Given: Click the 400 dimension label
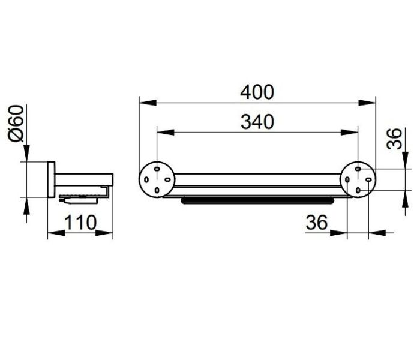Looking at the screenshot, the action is [257, 92].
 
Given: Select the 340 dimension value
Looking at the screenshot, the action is [257, 122].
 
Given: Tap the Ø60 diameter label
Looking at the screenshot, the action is [16, 124].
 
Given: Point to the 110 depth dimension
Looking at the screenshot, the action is [80, 222].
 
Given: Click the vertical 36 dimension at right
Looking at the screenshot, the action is [394, 139].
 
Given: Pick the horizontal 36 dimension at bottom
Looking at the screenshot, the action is [317, 222].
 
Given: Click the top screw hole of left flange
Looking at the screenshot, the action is [157, 169].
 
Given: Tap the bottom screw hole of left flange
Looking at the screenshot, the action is [157, 190].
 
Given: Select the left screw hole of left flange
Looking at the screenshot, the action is [146, 180].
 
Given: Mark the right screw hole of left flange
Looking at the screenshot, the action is [167, 180].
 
